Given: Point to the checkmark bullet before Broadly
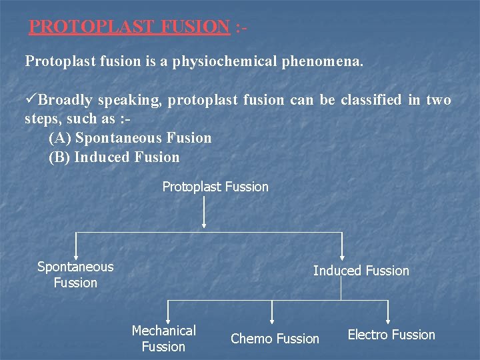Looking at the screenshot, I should [x=31, y=100].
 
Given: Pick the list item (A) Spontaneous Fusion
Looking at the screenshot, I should [x=130, y=138].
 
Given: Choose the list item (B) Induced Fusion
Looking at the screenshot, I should [x=114, y=157].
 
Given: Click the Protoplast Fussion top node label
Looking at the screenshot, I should [x=215, y=187].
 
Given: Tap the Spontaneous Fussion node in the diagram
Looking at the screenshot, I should [x=75, y=275].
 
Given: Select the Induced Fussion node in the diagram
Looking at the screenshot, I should [x=361, y=271].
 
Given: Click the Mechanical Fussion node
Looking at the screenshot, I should [x=163, y=339].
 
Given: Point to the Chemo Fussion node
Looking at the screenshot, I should [x=275, y=339].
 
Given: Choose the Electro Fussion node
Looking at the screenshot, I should [x=391, y=335].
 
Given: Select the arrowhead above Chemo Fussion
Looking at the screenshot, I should [x=272, y=321].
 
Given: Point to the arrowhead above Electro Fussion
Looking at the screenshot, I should [x=388, y=321].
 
